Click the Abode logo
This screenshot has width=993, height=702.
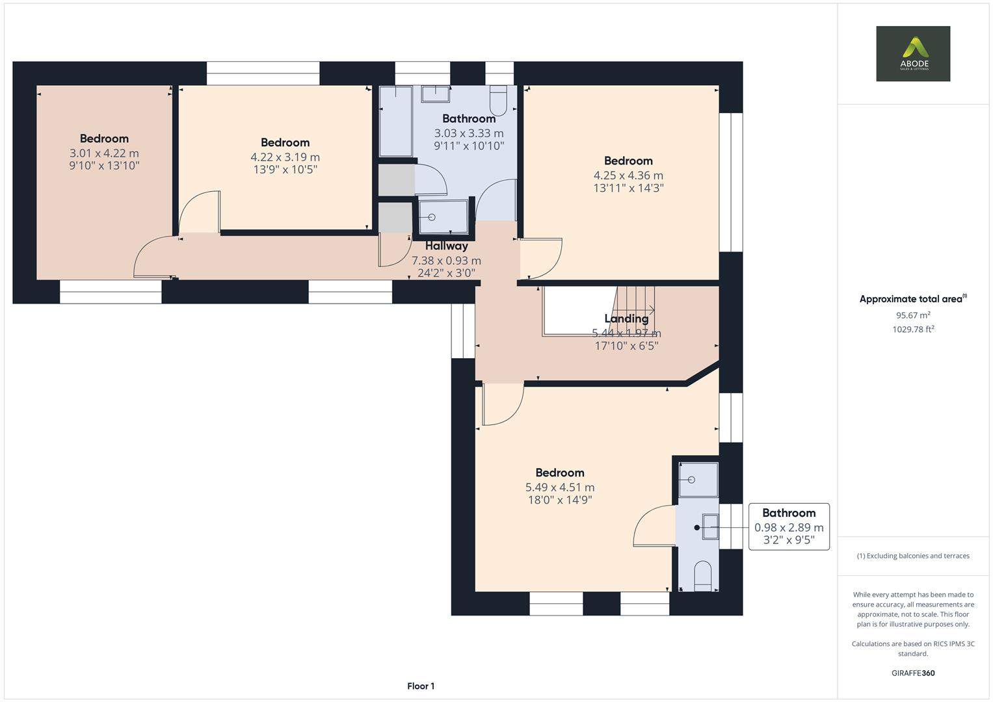pyautogui.click(x=912, y=53)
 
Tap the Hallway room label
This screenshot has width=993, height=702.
pyautogui.click(x=446, y=246)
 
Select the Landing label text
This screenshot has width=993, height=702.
pyautogui.click(x=626, y=318)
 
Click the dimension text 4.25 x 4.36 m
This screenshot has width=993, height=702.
pyautogui.click(x=628, y=175)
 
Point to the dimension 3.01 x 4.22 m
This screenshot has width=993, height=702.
pyautogui.click(x=104, y=153)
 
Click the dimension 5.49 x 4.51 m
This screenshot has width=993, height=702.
pyautogui.click(x=559, y=487)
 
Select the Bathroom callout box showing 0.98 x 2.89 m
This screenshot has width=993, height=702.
pyautogui.click(x=788, y=526)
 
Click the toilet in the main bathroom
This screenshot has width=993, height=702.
pyautogui.click(x=498, y=101)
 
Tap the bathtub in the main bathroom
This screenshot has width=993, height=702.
pyautogui.click(x=395, y=122)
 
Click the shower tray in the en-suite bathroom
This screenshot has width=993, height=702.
pyautogui.click(x=698, y=480)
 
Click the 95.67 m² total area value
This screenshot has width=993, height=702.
pyautogui.click(x=912, y=315)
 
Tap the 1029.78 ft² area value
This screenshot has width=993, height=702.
pyautogui.click(x=912, y=330)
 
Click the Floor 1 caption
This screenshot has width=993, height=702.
pyautogui.click(x=420, y=686)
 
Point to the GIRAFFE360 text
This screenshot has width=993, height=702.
pyautogui.click(x=912, y=673)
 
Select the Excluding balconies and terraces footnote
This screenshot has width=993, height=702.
pyautogui.click(x=912, y=556)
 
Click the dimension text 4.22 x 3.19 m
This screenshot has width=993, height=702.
pyautogui.click(x=285, y=157)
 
